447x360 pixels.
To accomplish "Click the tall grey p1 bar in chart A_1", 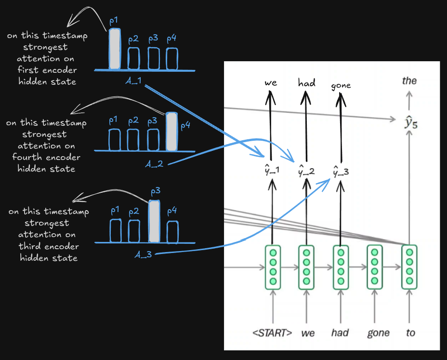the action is click(115, 49).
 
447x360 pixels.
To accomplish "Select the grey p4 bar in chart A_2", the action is click(171, 132).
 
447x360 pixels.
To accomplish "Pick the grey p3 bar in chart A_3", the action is click(154, 221).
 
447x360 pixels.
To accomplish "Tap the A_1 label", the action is click(133, 81).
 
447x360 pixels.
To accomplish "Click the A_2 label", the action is click(154, 164).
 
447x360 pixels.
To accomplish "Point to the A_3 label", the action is click(143, 254).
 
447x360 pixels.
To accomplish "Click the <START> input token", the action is click(272, 333).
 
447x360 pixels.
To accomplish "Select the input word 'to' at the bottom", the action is click(410, 333).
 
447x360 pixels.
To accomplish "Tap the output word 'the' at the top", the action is click(409, 81).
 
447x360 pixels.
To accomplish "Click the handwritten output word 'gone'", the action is click(341, 86).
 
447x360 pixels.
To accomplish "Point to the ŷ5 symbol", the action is click(411, 122).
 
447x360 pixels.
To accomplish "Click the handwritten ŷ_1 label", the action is click(272, 170).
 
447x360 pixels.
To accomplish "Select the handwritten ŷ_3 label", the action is click(341, 171).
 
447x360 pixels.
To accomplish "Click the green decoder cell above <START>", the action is click(273, 267).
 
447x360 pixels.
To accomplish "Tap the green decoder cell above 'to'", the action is click(409, 267).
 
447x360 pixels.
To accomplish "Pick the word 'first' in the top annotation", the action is click(27, 70).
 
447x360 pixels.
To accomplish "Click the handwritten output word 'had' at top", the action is click(307, 83).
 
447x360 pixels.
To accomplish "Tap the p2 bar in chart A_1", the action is click(133, 58).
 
